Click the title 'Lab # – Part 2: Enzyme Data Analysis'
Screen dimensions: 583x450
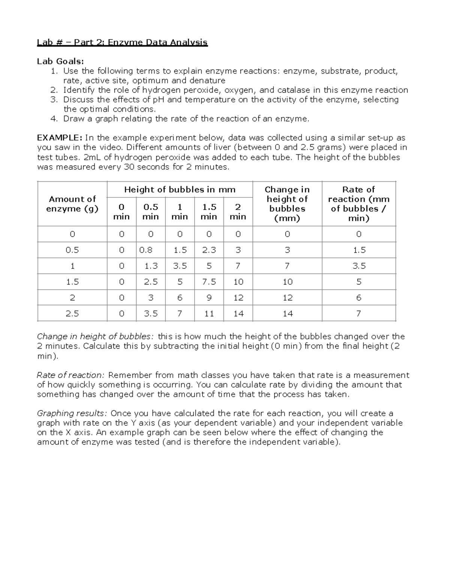point(122,42)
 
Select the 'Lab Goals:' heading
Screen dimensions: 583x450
point(60,61)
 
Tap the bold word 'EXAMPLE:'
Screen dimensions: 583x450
point(60,138)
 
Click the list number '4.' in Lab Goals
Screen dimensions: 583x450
point(54,119)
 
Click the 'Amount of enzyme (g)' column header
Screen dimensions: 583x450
point(72,204)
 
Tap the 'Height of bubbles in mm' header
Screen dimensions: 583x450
point(180,190)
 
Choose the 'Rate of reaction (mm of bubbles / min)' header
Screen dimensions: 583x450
point(358,204)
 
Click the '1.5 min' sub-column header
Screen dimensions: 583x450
point(209,212)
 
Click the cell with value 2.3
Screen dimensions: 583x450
point(209,250)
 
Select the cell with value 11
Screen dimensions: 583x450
point(209,313)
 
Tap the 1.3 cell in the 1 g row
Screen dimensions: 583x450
point(151,266)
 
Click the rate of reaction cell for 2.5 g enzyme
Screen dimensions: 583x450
point(358,313)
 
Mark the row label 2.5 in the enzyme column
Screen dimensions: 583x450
point(72,313)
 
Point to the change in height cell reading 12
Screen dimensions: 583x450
point(287,298)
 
